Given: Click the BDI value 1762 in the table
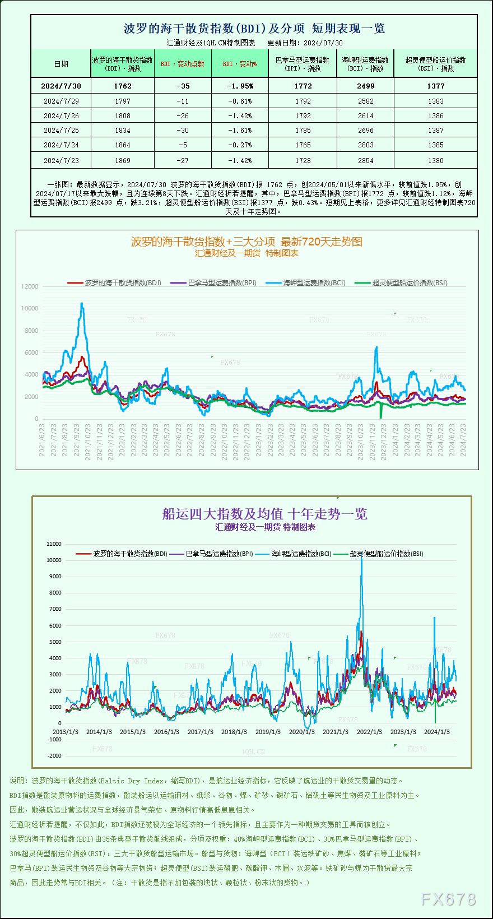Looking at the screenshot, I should point(122,86).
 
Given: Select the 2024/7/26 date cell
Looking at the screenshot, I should point(61,116).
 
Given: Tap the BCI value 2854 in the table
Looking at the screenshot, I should point(365,160).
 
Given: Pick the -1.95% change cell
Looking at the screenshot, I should point(240,86).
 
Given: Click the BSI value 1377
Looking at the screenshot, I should point(435,86).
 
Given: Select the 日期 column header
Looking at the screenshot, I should point(61,64).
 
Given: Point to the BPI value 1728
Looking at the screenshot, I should point(303,160).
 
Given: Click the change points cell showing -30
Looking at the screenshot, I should point(183,131).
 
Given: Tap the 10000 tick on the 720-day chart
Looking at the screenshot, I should point(30,308).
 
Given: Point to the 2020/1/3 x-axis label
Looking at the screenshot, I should point(301,732).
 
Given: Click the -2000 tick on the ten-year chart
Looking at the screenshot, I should point(54,755).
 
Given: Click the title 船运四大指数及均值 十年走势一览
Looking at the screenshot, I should point(264,514).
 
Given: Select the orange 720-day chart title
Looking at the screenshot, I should point(246,242).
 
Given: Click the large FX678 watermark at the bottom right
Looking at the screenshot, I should point(448,899).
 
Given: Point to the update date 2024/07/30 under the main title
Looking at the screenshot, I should point(323,43).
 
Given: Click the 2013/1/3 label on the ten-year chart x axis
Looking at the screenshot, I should point(66,732).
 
